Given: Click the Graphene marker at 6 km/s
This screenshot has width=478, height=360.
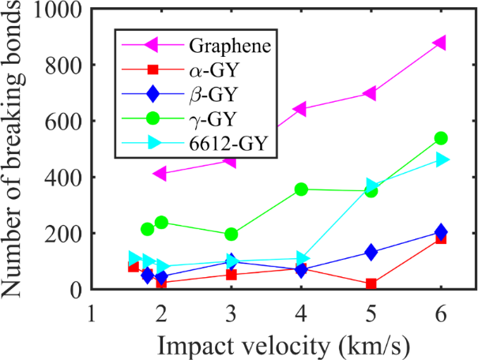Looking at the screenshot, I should click(440, 43).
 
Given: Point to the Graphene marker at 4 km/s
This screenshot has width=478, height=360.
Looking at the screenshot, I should click(300, 109).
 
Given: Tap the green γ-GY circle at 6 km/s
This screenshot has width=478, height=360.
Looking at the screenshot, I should click(441, 138).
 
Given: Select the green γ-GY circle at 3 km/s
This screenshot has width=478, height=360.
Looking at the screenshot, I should click(231, 234).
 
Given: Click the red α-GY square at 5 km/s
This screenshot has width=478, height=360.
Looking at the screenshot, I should click(371, 284).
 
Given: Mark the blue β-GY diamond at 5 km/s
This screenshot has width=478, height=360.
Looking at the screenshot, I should click(371, 253).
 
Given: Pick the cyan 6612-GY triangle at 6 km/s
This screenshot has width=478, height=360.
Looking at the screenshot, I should click(442, 159).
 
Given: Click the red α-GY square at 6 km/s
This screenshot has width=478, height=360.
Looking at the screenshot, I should click(440, 238).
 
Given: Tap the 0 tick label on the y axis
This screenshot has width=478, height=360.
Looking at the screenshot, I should click(77, 291).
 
